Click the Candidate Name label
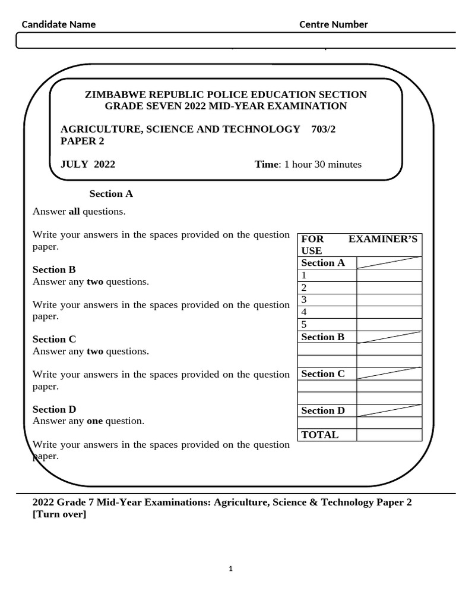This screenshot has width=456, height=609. click(59, 24)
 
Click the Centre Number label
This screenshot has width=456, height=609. click(333, 24)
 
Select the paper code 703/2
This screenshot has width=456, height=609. click(323, 129)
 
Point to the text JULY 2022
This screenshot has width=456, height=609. click(88, 164)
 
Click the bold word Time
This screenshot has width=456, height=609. click(267, 164)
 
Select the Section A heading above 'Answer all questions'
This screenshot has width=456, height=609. click(111, 193)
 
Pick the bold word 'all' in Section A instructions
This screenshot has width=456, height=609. click(74, 211)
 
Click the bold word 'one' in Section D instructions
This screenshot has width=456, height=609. click(95, 420)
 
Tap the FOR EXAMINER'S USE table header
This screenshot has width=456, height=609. click(359, 244)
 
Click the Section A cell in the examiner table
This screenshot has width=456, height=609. click(323, 263)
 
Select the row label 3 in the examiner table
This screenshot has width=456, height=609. click(304, 299)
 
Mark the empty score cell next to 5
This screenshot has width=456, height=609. click(389, 324)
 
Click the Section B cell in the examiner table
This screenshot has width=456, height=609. click(323, 337)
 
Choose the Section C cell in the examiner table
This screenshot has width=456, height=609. click(323, 373)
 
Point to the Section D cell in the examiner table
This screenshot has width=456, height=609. click(323, 410)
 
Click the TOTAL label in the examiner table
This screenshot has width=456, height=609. click(320, 435)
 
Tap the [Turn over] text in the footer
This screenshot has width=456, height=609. click(59, 514)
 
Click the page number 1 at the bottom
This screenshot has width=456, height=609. click(231, 569)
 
